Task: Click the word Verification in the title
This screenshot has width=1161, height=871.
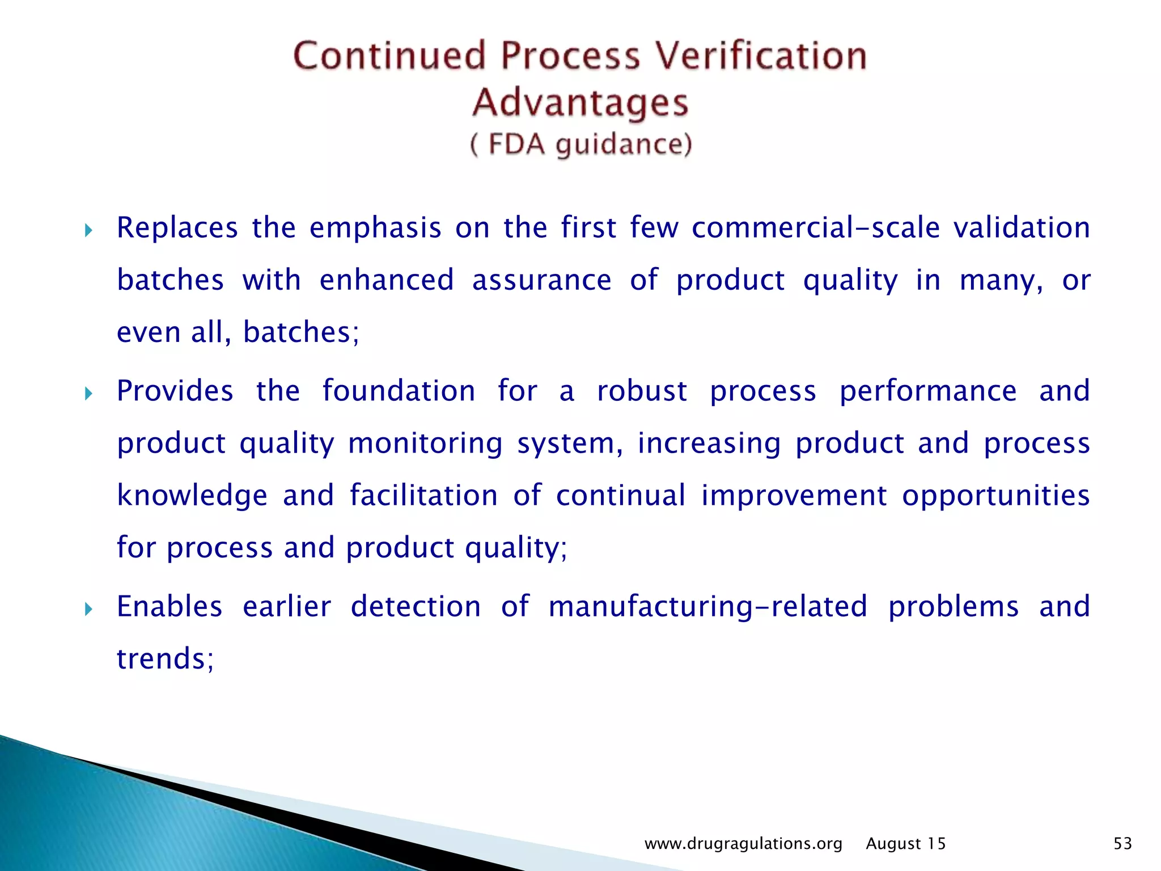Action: click(761, 56)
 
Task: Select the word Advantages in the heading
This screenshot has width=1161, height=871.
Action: click(580, 103)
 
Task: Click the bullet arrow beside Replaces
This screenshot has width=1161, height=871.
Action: click(88, 230)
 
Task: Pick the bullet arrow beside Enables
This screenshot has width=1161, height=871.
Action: click(88, 610)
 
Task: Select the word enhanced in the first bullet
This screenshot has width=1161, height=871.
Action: click(387, 280)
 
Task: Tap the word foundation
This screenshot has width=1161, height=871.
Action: click(399, 391)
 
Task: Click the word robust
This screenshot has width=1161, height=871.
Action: click(642, 391)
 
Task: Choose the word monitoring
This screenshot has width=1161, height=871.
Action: click(425, 443)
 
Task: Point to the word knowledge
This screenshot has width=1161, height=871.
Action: click(192, 496)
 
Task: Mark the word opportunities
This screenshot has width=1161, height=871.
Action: click(995, 496)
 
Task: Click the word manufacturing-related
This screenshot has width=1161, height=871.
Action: click(707, 607)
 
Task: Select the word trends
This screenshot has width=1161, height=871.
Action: click(162, 659)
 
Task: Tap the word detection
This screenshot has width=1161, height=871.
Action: click(416, 607)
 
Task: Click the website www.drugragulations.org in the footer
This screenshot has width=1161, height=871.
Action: click(743, 844)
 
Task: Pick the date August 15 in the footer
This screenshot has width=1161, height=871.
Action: click(906, 844)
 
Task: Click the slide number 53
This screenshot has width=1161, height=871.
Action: click(1122, 844)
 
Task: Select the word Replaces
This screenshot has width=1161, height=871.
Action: click(177, 228)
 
